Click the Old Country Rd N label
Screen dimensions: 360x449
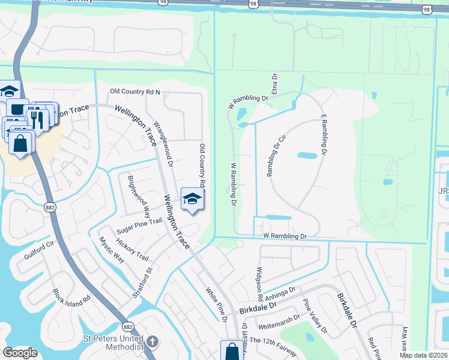[x=135, y=92]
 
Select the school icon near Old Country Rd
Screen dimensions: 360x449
[x=192, y=199]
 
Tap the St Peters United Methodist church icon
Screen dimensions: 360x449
[x=152, y=342]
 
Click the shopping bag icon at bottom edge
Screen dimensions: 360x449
[x=232, y=352]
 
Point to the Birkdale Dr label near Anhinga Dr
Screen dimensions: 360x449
[x=257, y=309]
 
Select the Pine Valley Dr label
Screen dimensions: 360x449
[x=315, y=316]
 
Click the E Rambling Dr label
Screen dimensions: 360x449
[x=325, y=135]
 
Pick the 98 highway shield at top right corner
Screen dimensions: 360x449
[x=427, y=9]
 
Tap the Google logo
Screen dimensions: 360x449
[x=20, y=353]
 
